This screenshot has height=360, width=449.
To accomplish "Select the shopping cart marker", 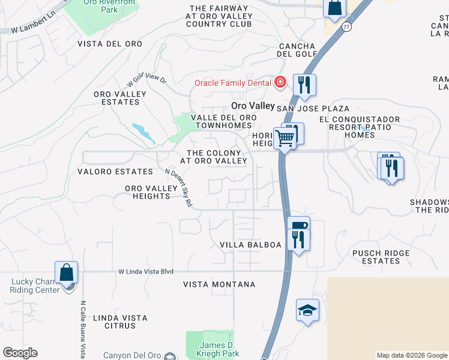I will pos(285,139).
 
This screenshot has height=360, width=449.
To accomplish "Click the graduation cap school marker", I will pos(307,310).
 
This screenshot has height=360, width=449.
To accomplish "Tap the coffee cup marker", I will pos(298,226).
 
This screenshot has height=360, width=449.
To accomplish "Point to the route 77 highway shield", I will pos(346,27).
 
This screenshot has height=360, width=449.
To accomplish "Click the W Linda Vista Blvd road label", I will pos(146,271).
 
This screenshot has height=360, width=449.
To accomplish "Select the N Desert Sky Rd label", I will pos(178,188).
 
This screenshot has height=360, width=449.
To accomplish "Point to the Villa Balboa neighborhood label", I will pos(250,245).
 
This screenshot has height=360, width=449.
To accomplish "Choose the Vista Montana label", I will pos(219,284).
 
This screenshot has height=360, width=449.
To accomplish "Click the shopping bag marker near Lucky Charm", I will pos(66,272).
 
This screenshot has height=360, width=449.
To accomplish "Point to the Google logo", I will pos(20,353).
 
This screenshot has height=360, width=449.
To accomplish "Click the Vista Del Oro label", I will pos(110,44).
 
